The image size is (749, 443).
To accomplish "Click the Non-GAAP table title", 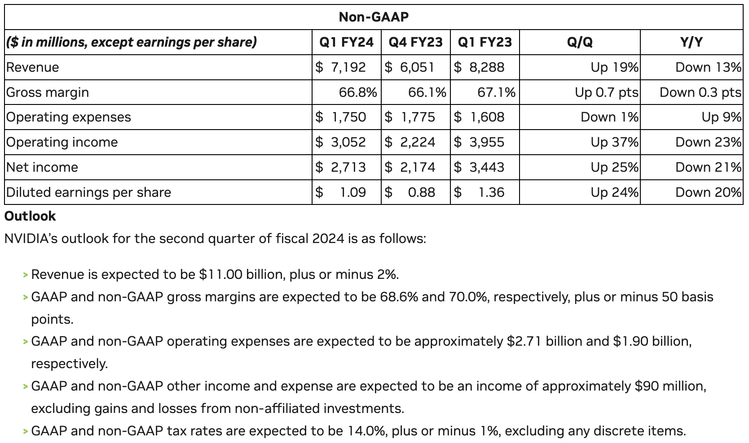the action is click(374, 17).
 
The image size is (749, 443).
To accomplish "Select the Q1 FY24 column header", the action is click(346, 42).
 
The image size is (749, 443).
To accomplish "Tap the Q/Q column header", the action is click(580, 42).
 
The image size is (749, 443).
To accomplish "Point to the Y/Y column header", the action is click(691, 42).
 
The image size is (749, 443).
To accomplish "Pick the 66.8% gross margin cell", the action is click(358, 92).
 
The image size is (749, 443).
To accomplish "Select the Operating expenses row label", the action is click(69, 117).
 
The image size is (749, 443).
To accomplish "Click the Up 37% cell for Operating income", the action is click(615, 142).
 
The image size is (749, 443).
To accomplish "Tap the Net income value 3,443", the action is click(486, 167).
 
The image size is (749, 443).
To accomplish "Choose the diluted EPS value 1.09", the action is click(353, 192).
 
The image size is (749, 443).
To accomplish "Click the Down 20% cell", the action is click(708, 192).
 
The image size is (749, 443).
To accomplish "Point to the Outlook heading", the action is click(30, 216).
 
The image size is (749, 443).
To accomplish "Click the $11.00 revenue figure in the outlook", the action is click(220, 274).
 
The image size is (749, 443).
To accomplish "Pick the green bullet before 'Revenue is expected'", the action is click(26, 275).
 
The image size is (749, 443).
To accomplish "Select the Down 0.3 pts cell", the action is click(700, 92).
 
